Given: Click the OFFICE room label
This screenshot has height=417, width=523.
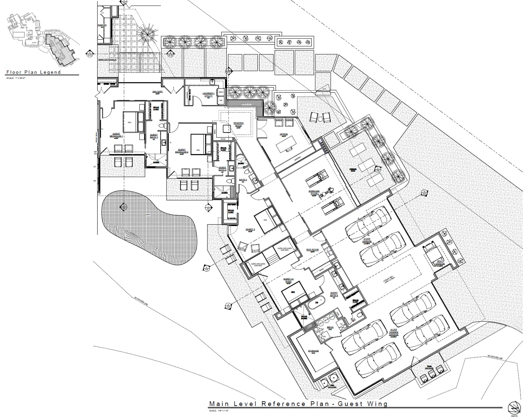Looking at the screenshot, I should [x=283, y=134].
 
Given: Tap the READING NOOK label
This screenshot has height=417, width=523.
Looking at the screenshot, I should [x=238, y=124].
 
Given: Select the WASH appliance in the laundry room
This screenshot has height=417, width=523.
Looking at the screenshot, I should [x=221, y=92].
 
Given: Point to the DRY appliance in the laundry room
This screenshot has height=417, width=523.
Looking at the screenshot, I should [x=221, y=100].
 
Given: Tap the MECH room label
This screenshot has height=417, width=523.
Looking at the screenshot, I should [x=330, y=327].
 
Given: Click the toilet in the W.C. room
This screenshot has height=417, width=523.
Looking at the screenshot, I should [x=359, y=315].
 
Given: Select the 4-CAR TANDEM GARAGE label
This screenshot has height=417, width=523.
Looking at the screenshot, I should [x=393, y=332].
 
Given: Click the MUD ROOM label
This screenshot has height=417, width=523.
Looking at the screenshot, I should [x=312, y=250].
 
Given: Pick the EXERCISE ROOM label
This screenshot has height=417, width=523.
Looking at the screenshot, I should [x=314, y=192].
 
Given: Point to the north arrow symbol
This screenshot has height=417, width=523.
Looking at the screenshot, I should [x=514, y=408].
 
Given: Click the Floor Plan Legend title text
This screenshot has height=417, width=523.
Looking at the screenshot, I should [x=34, y=72].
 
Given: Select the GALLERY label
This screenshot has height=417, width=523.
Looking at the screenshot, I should [x=157, y=92].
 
